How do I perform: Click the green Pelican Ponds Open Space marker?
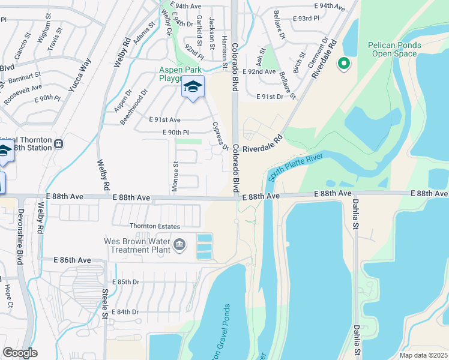[344, 63]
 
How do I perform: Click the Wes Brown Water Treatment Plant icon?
[179, 244]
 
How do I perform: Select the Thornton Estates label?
[155, 226]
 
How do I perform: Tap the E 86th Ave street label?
[71, 260]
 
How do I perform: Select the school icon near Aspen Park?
[192, 88]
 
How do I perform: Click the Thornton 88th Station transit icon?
[59, 144]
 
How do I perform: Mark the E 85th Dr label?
[125, 281]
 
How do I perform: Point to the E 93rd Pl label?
[307, 18]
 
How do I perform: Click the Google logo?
[20, 353]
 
